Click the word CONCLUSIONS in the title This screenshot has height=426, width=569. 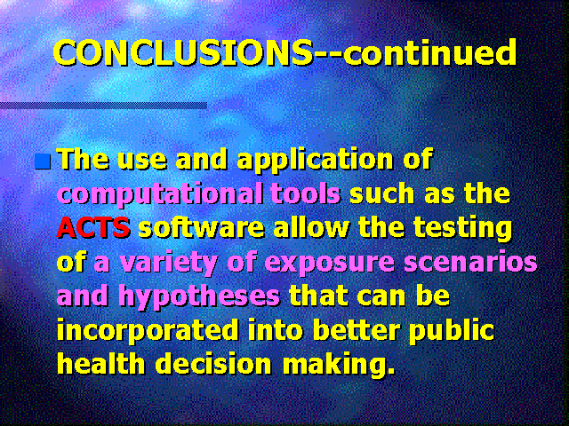tap(182, 52)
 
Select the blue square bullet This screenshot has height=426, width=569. tap(43, 162)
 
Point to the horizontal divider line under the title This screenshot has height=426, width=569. tap(103, 106)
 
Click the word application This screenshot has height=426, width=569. tap(315, 161)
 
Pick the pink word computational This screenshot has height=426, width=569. tap(161, 194)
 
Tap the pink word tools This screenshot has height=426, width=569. tap(306, 193)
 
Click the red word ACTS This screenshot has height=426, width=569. tap(93, 227)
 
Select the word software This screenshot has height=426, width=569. tap(201, 228)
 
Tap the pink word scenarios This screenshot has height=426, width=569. tap(470, 261)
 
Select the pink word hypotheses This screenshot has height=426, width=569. tap(199, 297)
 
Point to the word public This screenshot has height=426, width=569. tap(452, 331)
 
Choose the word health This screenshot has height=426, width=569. tap(101, 364)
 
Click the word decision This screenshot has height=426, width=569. tap(213, 364)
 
